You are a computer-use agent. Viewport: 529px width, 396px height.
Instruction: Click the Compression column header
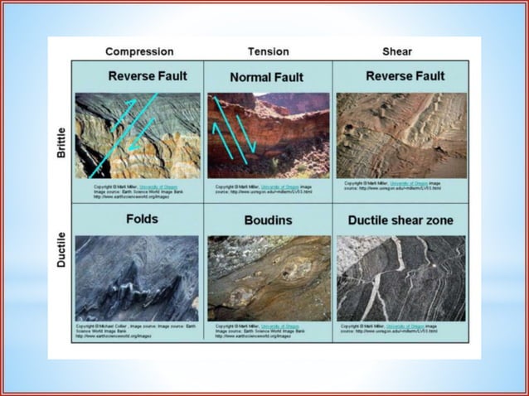coord(138,51)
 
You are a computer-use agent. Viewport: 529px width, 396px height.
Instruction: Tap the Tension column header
coord(267,51)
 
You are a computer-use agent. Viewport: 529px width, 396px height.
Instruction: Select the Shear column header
coord(397,51)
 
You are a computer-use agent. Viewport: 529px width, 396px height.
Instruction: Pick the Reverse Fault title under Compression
coord(147,76)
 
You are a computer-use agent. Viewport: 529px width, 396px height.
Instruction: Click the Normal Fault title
coord(268,77)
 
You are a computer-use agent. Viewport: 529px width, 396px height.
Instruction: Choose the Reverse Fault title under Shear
coord(405,76)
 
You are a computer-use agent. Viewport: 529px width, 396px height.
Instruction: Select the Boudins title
coord(268,220)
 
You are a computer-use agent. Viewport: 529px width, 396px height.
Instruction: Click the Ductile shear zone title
coord(400,220)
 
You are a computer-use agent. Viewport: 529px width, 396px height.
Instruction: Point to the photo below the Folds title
coord(138,278)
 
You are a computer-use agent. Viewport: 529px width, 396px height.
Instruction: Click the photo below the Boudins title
coord(269,278)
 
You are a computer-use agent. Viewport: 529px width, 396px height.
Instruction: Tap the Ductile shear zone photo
coord(401,278)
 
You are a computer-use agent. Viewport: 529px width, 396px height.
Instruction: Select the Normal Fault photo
coord(268,135)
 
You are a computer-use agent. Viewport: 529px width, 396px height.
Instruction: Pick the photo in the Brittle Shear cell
coord(401,135)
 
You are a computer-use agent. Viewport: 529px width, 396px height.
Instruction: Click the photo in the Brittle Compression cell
coord(138,135)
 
